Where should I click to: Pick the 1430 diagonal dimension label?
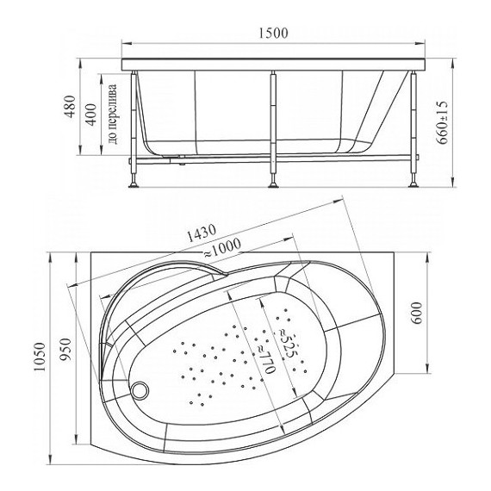pos(194,235)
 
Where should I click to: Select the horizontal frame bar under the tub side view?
pos(274,158)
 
